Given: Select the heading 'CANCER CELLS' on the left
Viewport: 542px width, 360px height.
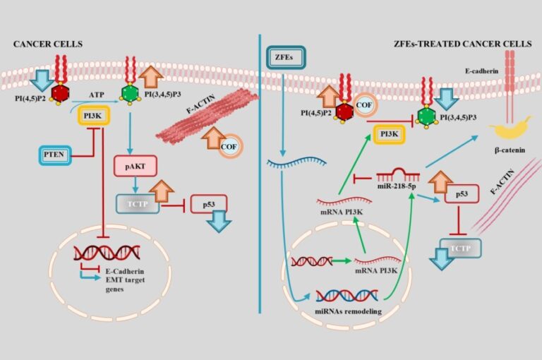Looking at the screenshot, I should click(x=48, y=44).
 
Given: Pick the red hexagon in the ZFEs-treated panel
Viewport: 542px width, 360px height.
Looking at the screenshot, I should click(x=345, y=111).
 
